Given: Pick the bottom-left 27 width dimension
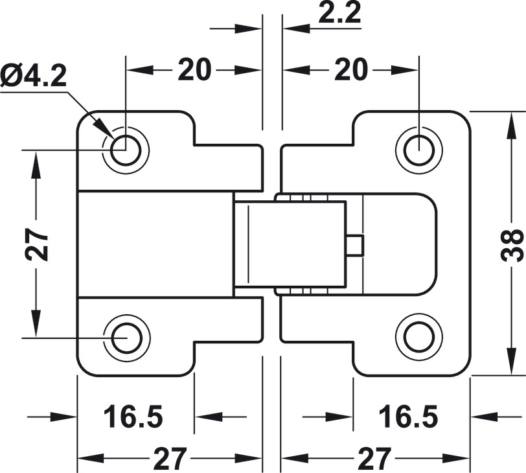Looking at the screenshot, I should click(x=170, y=458).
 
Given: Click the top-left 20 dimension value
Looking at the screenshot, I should click(x=194, y=70).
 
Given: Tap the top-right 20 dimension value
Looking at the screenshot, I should click(x=352, y=70).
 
